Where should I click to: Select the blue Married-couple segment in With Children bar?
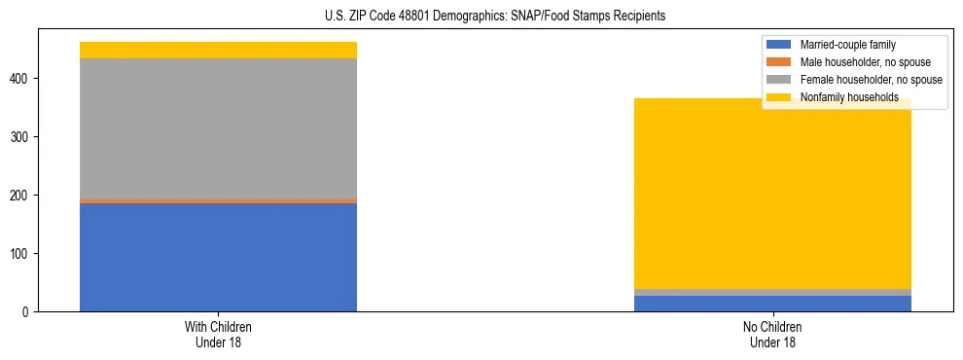click(218, 257)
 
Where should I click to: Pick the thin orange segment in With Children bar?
click(218, 201)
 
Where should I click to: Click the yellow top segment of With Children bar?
click(218, 50)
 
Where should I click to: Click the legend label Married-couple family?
click(847, 45)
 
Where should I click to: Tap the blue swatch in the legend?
click(780, 45)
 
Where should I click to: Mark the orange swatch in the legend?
click(780, 62)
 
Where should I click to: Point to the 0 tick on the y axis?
click(26, 312)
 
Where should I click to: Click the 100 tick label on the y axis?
click(20, 254)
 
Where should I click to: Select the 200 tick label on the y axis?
click(20, 196)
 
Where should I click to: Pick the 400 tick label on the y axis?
click(20, 79)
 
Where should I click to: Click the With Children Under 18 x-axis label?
click(218, 335)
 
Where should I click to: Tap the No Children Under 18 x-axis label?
click(772, 335)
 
